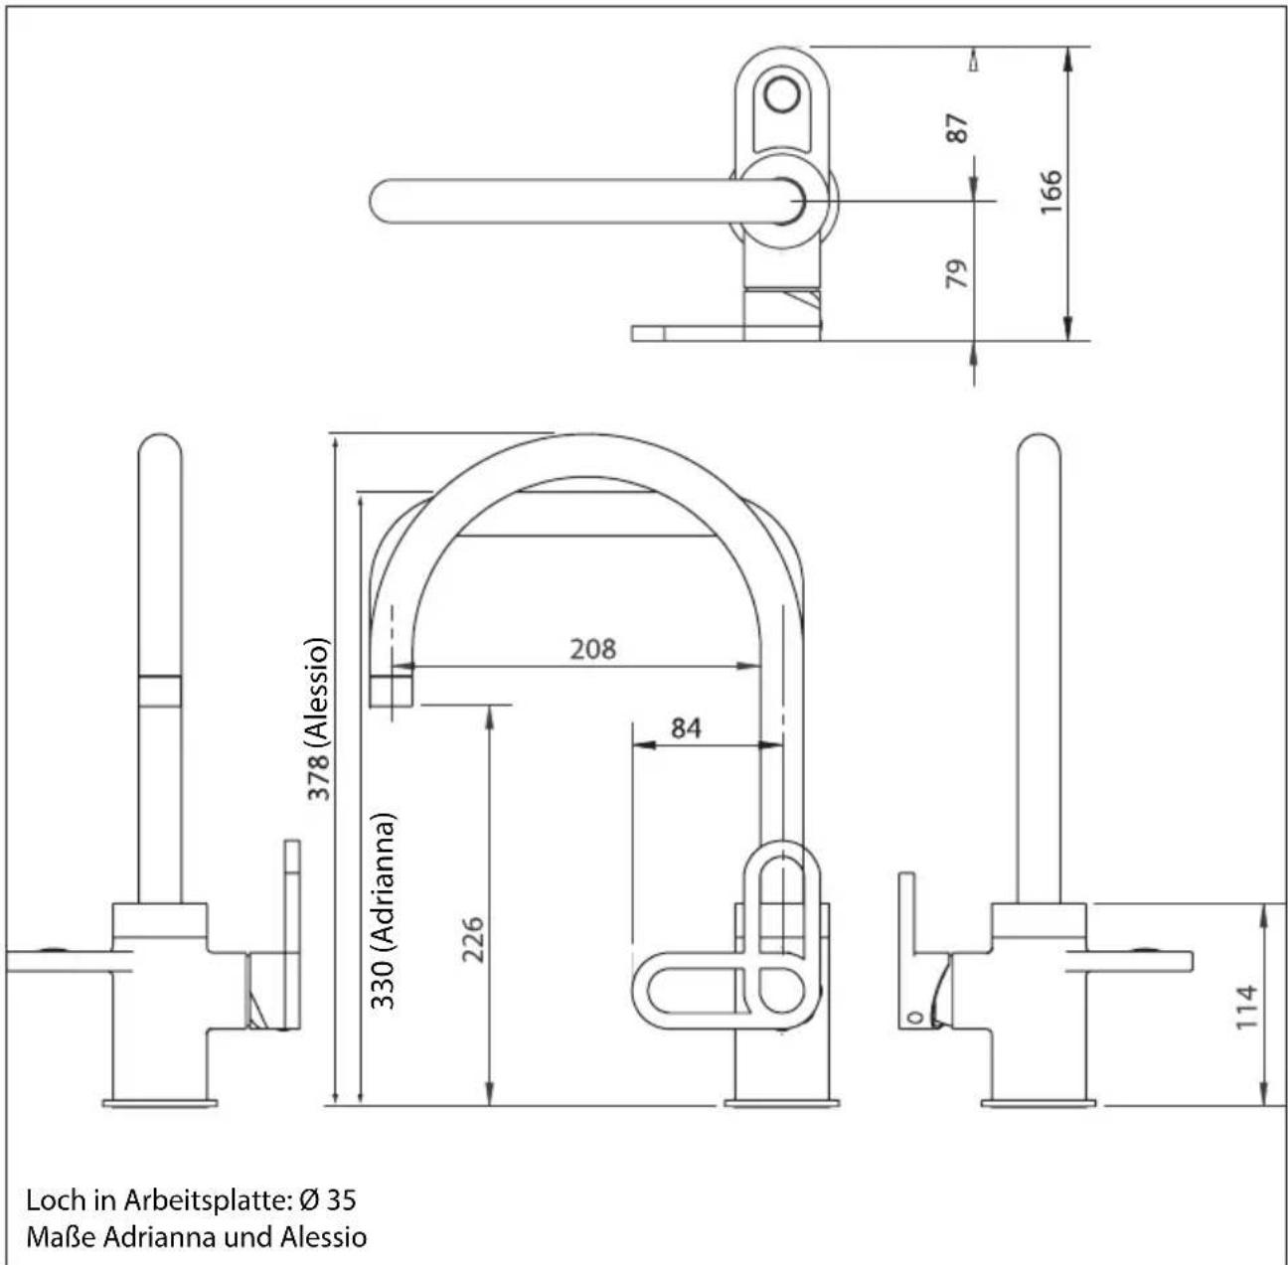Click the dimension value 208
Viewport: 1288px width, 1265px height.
point(592,649)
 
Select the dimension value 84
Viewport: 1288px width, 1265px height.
point(685,728)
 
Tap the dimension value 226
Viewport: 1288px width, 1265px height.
point(473,940)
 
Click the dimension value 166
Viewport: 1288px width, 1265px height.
point(1050,192)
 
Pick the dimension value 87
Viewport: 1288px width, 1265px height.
point(957,128)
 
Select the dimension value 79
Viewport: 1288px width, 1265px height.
point(957,273)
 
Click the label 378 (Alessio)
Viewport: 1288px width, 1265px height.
point(318,718)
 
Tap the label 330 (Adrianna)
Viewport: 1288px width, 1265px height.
point(384,911)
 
